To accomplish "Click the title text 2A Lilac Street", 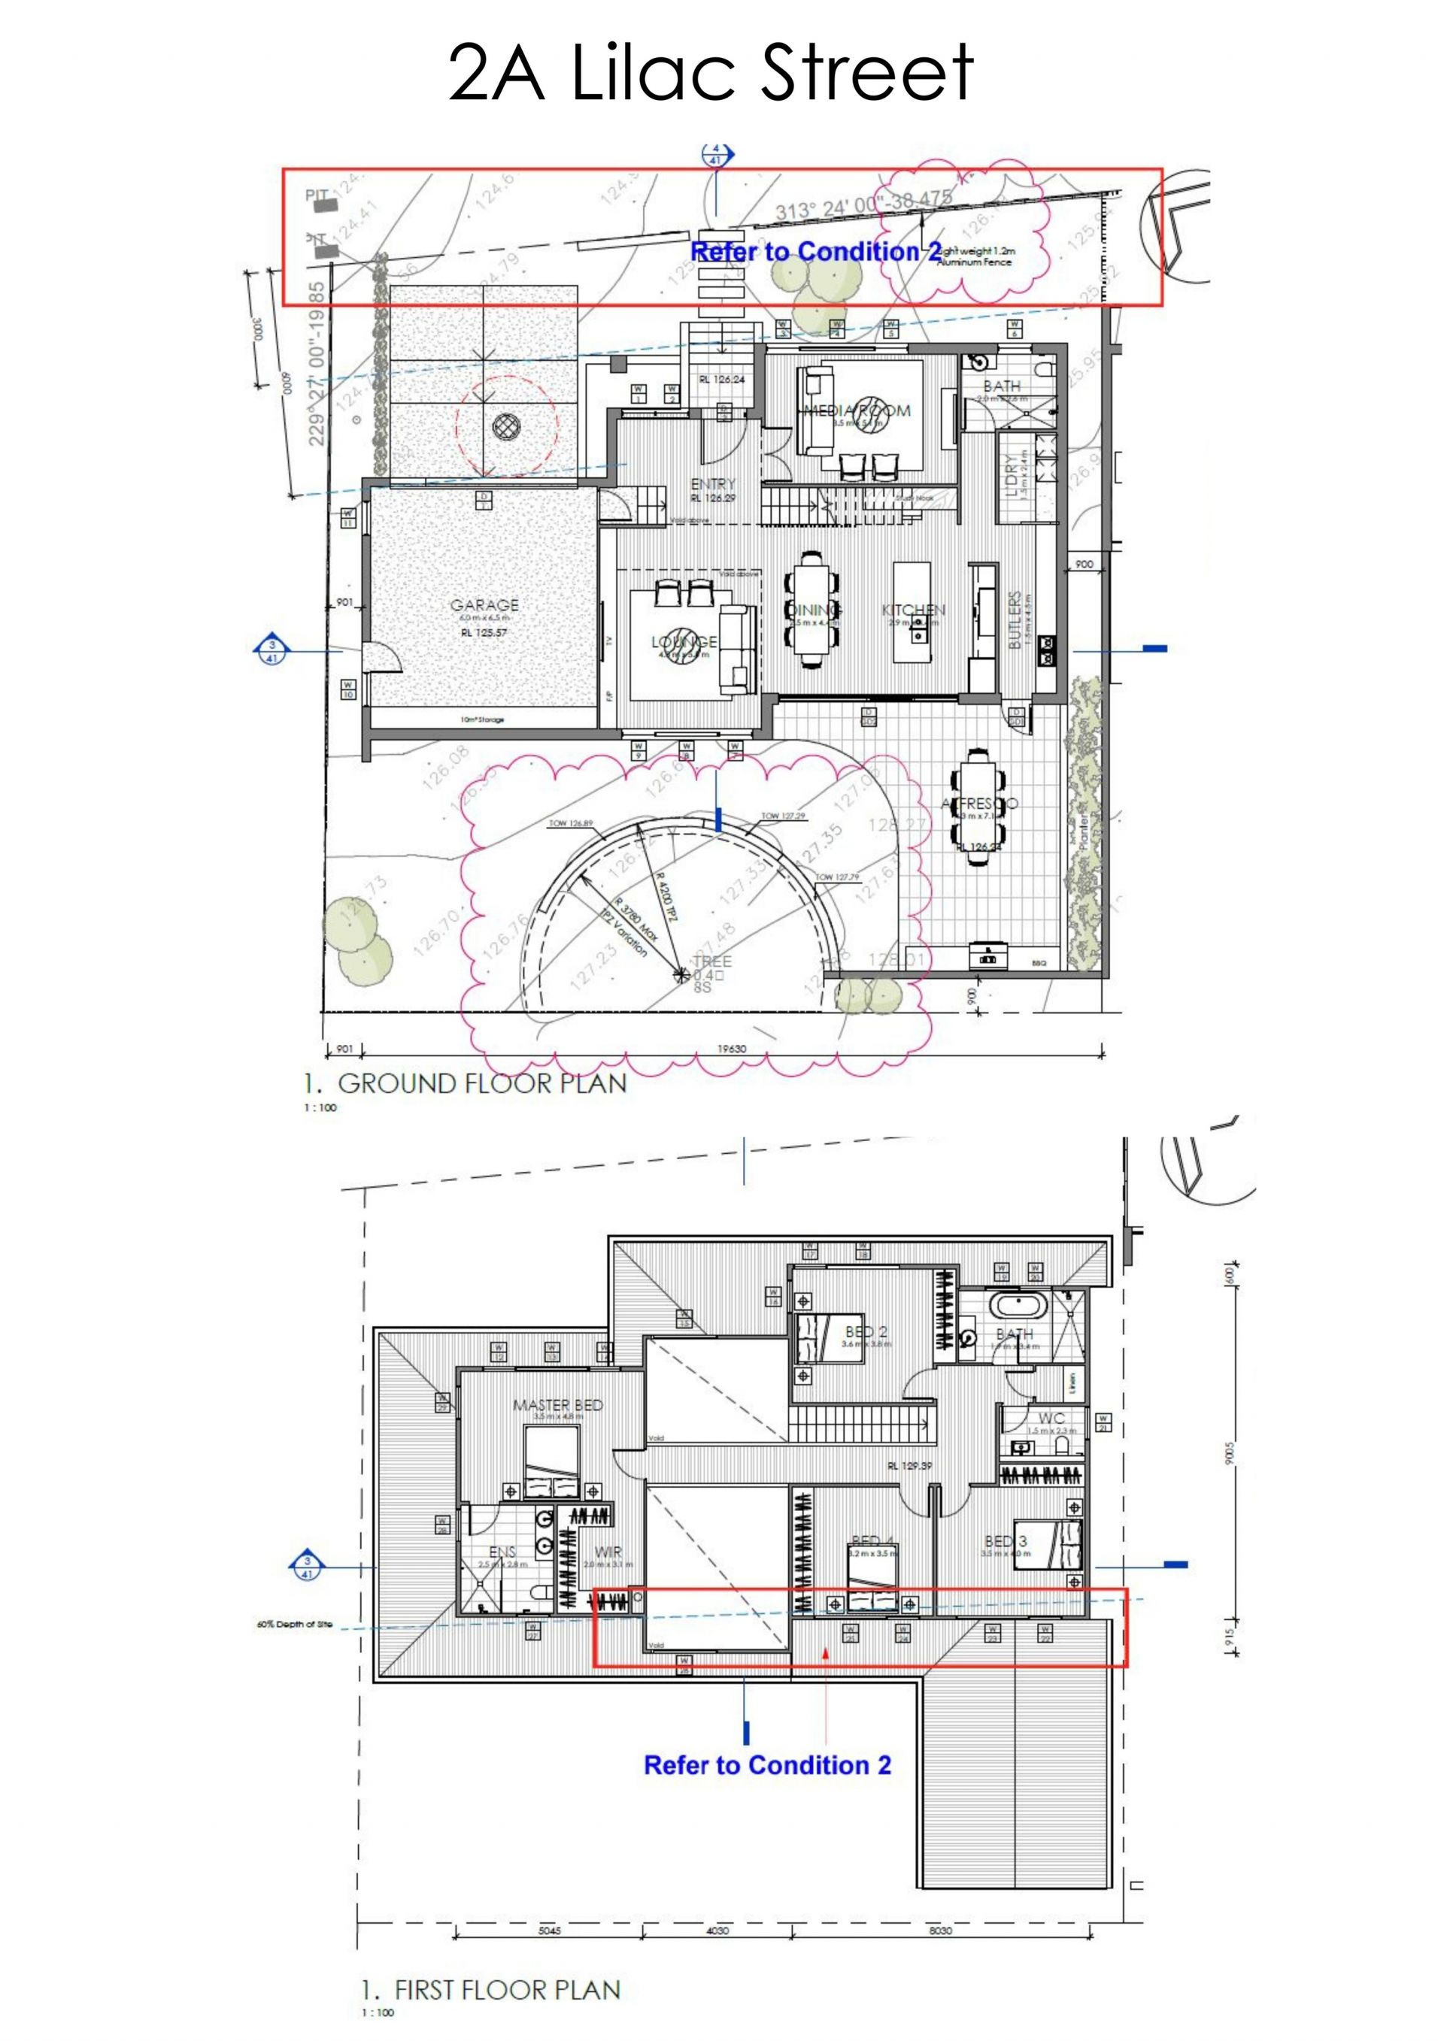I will coord(711,73).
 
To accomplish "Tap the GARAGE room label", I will coord(484,604).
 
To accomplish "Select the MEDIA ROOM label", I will coord(857,410).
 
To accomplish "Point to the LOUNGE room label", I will coord(684,642).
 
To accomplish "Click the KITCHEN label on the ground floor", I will coord(913,610).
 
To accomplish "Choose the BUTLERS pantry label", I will coord(1015,620).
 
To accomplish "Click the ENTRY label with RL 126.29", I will coord(713,484).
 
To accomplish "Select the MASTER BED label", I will coord(557,1406).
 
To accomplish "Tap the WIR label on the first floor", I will coord(608,1552).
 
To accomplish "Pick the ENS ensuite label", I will coord(502,1552).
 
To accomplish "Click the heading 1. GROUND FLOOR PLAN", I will coord(465,1083).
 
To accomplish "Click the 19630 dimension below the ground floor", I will coord(732,1049).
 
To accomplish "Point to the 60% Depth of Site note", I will coord(294,1624).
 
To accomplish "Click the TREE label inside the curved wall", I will coord(712,961).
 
